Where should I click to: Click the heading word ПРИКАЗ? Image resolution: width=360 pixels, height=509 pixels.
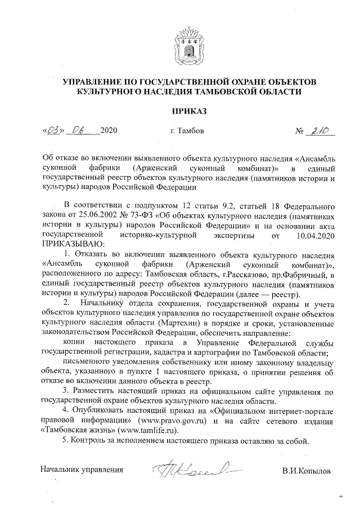(x=181, y=111)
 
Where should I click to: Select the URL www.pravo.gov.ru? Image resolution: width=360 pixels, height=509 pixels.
(x=174, y=420)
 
